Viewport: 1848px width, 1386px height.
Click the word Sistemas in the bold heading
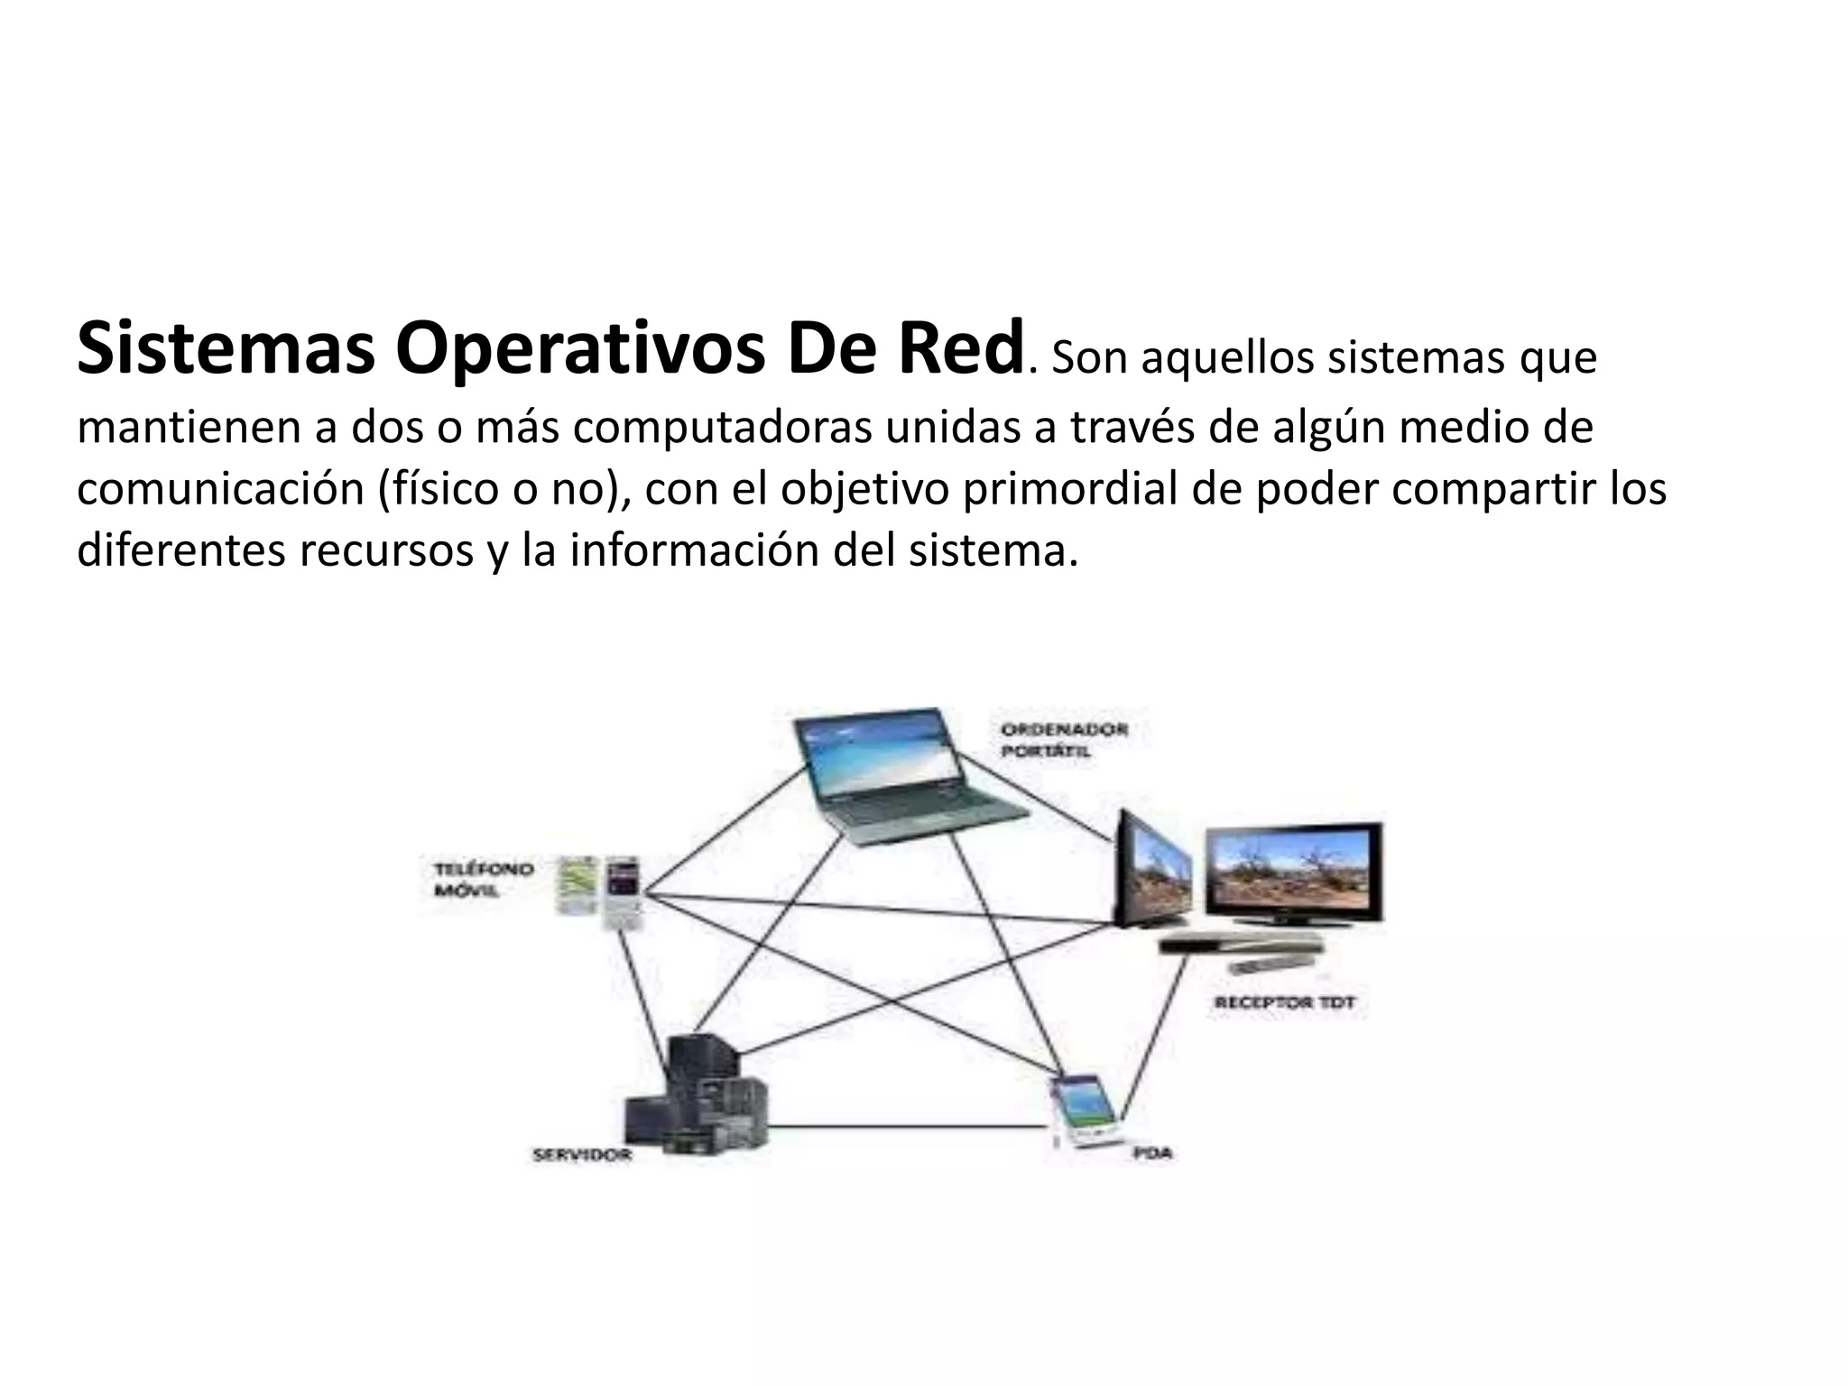pos(225,350)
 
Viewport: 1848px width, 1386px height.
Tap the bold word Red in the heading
pos(959,350)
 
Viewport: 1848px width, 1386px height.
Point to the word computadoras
pos(721,428)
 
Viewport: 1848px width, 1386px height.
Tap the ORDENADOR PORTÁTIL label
pos(1063,739)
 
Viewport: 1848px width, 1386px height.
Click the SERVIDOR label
pos(581,1154)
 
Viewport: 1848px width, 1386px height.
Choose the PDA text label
pos(1152,1152)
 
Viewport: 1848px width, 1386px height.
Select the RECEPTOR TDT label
pos(1283,1003)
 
